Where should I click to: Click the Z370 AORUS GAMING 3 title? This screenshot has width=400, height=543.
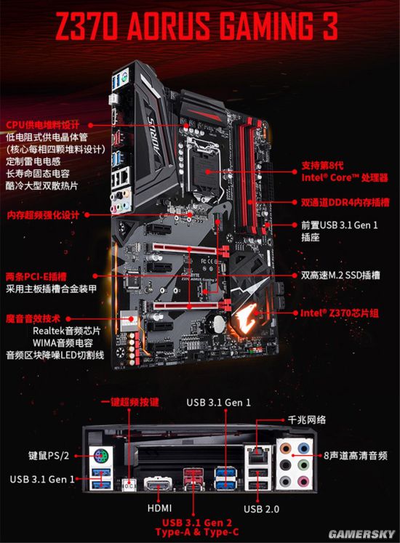(196, 26)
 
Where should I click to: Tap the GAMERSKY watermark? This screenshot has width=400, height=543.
(362, 534)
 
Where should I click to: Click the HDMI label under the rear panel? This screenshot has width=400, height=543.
(159, 508)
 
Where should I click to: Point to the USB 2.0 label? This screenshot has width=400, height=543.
(261, 509)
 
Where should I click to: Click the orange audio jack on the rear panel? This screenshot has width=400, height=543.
(285, 449)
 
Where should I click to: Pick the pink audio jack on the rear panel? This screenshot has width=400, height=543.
(303, 481)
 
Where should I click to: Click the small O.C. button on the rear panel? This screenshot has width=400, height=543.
(129, 486)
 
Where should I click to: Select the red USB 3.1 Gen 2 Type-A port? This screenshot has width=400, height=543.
(193, 473)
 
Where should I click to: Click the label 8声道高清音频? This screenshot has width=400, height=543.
(356, 455)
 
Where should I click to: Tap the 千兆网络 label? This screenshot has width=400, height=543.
(307, 419)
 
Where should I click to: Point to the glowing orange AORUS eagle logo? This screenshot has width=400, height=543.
(245, 315)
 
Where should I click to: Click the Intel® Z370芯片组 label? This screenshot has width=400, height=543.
(339, 313)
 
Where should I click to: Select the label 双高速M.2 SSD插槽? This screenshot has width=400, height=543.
(340, 275)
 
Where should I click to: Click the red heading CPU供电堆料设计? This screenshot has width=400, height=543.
(43, 125)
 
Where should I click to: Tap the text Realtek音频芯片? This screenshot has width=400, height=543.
(67, 331)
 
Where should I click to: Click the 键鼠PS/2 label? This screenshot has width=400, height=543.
(49, 455)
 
